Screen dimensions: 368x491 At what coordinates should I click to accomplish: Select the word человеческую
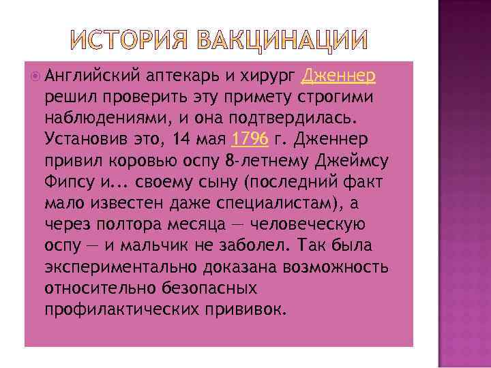click(x=296, y=225)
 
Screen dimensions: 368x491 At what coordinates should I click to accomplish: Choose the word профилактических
click(x=119, y=310)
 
